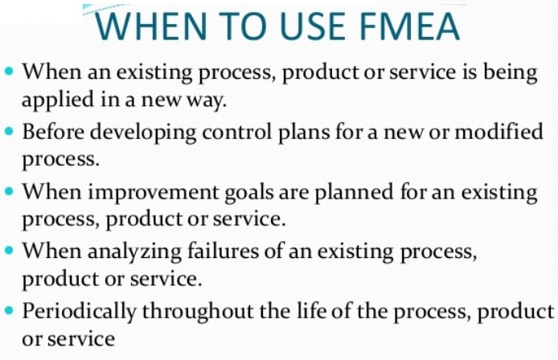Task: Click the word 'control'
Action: (245, 130)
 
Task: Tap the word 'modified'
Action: (499, 130)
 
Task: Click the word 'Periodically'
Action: (84, 311)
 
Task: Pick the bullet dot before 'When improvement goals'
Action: (9, 191)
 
